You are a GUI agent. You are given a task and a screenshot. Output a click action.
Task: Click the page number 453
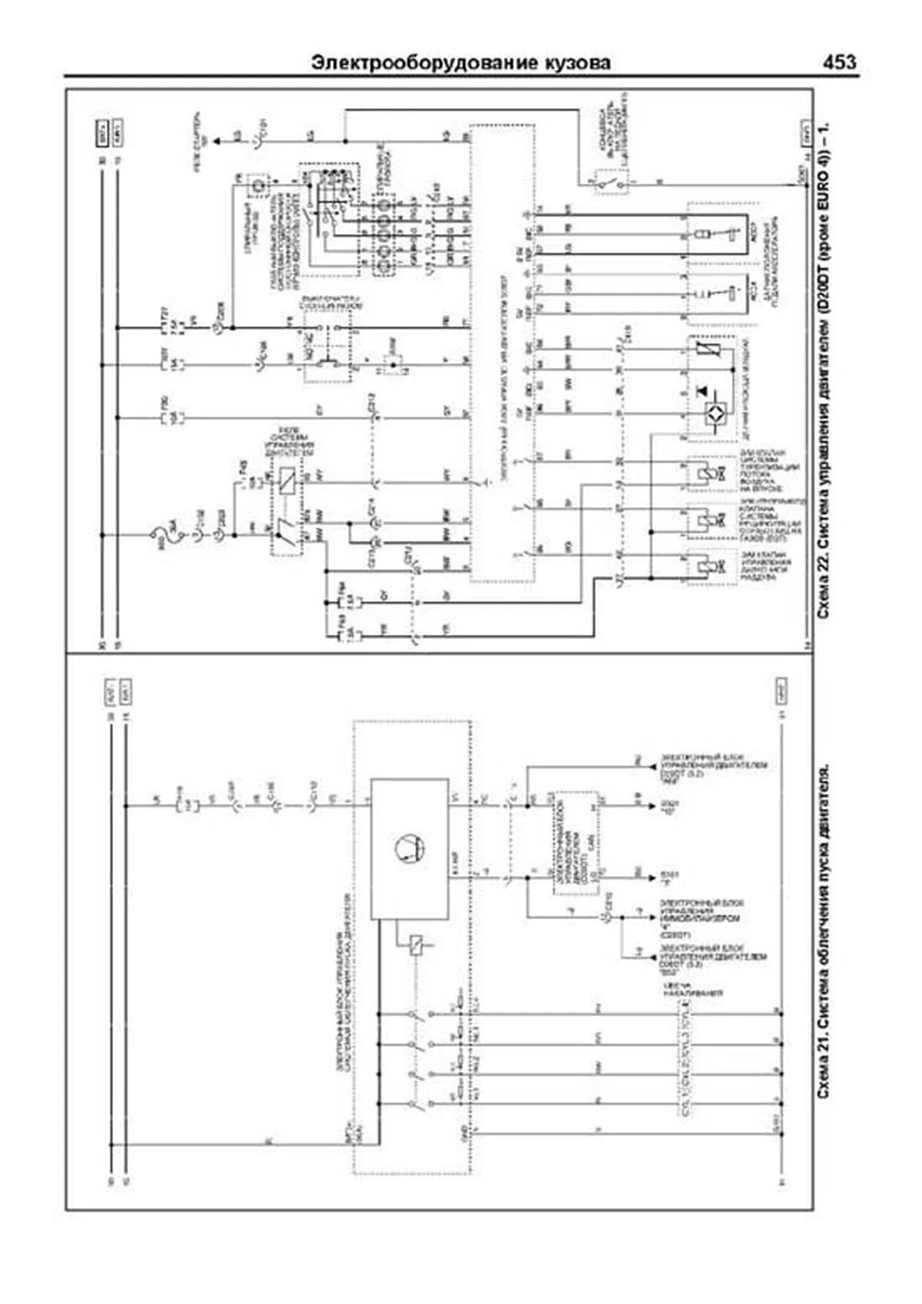(x=839, y=62)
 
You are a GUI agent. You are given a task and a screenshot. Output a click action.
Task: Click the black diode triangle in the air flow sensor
(x=701, y=391)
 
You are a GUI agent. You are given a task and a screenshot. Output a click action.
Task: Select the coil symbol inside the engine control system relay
(x=287, y=482)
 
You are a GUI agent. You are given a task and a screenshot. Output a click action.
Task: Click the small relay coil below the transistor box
(x=416, y=944)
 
